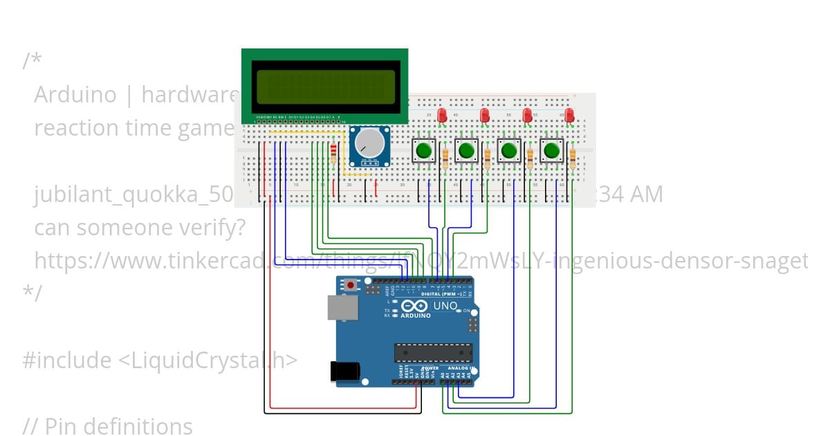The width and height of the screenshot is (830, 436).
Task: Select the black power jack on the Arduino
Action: tap(344, 372)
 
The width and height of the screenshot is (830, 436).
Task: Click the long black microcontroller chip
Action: tap(434, 352)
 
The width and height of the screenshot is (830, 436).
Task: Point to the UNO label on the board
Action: tap(445, 306)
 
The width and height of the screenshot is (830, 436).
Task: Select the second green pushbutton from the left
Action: tap(467, 150)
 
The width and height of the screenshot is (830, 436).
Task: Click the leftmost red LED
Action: tap(443, 114)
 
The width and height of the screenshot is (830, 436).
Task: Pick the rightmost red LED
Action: tap(570, 114)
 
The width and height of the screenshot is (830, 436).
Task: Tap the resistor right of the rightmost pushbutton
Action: tap(573, 160)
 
